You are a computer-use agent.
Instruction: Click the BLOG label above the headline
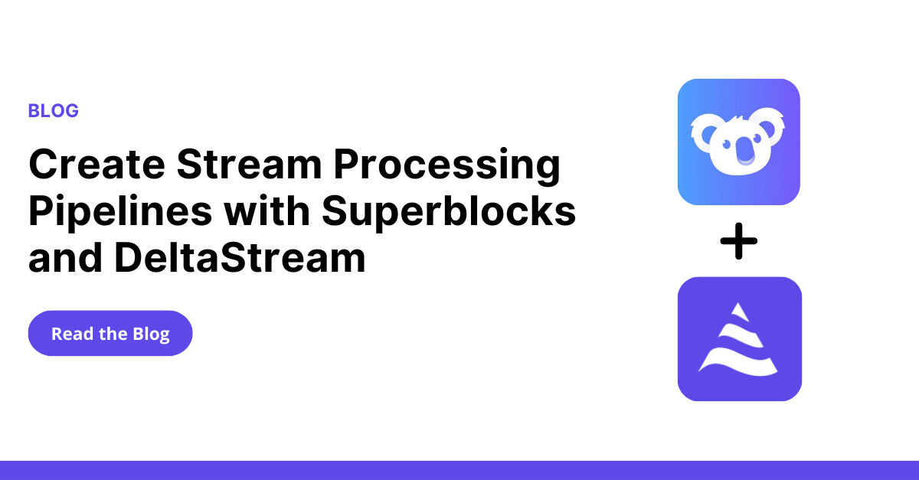(54, 111)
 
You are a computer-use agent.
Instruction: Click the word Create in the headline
(96, 164)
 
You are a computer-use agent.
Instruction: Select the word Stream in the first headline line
(250, 164)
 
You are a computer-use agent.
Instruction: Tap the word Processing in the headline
(446, 167)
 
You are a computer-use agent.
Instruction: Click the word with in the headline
(267, 211)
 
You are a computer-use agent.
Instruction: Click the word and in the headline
(65, 257)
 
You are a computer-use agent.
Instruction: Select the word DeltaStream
(240, 257)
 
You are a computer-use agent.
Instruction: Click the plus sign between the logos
(738, 241)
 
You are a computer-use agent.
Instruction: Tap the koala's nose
(745, 151)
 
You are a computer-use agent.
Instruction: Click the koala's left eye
(727, 144)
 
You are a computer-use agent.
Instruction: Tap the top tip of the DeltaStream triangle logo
(738, 304)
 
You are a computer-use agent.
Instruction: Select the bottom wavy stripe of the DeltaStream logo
(738, 362)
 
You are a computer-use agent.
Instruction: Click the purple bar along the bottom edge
(459, 470)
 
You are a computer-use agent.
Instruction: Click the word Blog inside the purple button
(151, 335)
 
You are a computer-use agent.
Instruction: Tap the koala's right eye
(757, 139)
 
